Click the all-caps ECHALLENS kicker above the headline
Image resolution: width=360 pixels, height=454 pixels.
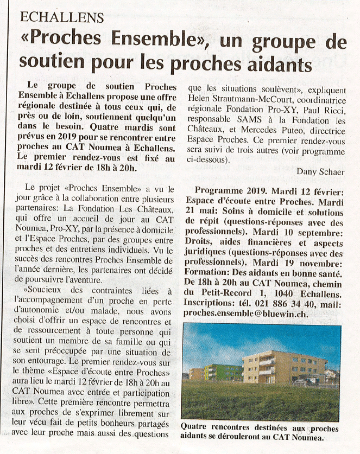(61, 17)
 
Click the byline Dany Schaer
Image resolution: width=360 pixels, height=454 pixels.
(320, 171)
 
